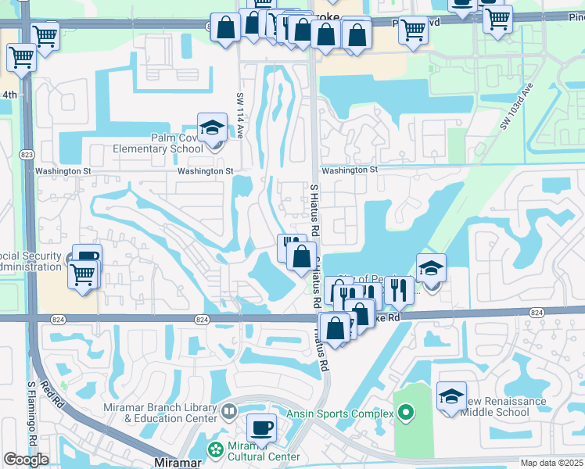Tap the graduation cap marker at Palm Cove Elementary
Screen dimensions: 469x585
212,127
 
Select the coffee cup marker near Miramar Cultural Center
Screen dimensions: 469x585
261,428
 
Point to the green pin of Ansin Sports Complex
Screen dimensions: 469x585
404,411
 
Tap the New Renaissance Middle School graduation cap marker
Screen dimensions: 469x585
452,396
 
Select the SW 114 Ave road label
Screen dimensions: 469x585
240,113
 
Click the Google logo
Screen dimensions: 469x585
25,460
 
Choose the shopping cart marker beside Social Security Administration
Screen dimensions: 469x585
83,274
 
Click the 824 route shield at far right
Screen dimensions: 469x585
536,312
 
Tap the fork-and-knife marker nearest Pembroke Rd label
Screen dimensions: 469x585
398,291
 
